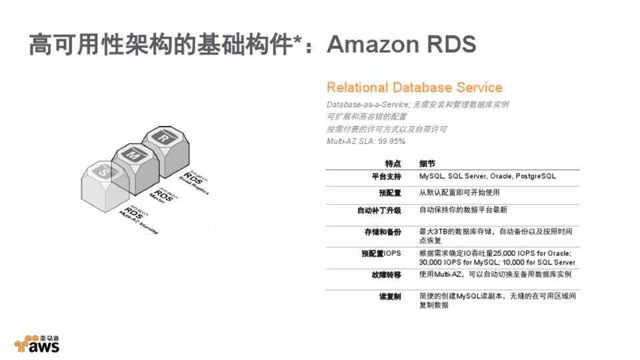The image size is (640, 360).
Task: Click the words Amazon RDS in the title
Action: (x=401, y=45)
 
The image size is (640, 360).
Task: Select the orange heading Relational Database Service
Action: (x=414, y=87)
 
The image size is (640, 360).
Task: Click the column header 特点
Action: (x=393, y=163)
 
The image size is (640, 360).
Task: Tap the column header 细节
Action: (x=427, y=163)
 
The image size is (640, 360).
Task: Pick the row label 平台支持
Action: (x=387, y=177)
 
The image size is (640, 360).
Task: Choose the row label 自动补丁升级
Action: (x=379, y=210)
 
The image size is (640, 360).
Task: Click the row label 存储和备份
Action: (x=382, y=231)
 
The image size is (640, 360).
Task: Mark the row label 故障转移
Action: (x=387, y=275)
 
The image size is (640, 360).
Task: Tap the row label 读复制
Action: (x=390, y=296)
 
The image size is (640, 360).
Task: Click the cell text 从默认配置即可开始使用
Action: (x=459, y=193)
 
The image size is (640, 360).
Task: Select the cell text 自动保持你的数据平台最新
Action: (x=463, y=210)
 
